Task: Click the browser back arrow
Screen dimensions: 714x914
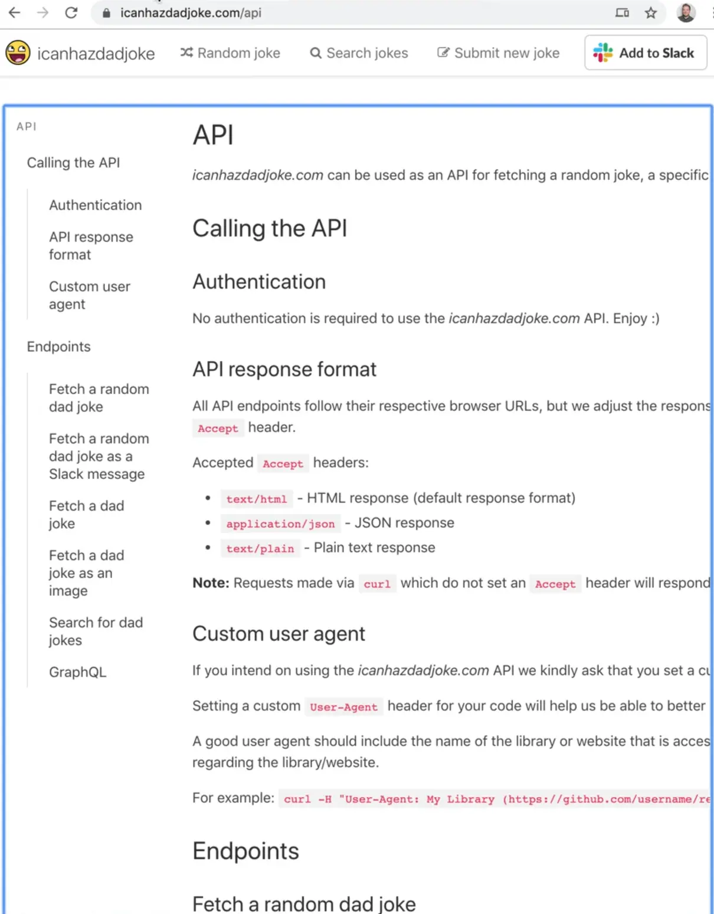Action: pos(14,13)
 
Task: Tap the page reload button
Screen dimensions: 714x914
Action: pos(71,13)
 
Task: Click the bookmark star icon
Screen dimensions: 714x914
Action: pos(650,13)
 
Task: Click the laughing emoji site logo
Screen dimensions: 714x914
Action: pos(18,52)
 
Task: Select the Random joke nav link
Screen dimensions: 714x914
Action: pos(230,53)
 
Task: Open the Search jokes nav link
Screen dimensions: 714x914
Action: pos(359,53)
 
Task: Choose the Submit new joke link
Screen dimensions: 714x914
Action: pos(498,53)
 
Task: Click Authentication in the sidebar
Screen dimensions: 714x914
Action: pos(96,205)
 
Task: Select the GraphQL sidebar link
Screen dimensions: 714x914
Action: pos(77,672)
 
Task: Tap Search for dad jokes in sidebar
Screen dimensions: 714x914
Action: pos(96,632)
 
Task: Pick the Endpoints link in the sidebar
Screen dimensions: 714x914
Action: pos(58,347)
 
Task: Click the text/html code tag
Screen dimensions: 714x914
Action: pos(256,499)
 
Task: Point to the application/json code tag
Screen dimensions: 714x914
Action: pos(281,524)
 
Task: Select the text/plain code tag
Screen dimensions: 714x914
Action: pos(260,548)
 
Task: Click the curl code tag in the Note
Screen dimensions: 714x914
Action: pos(377,584)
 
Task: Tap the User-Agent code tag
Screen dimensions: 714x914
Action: pos(344,706)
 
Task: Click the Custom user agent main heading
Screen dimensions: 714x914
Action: pos(279,634)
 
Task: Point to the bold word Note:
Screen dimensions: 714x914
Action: pos(211,583)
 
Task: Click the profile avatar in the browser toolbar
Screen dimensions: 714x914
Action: pos(686,12)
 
